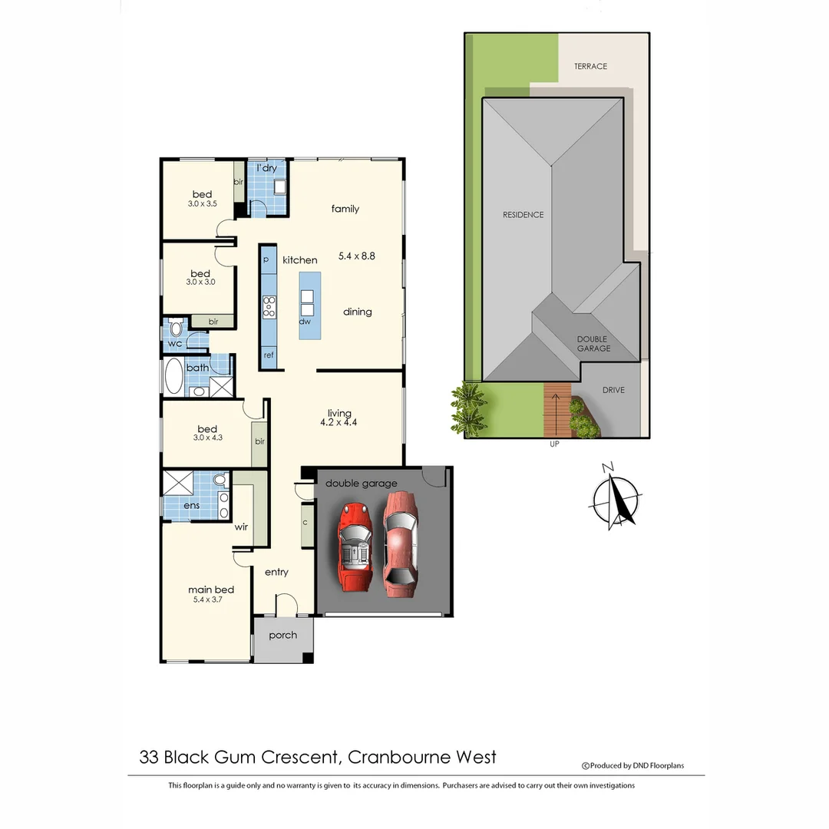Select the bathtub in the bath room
(x=174, y=377)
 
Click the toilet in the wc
(x=176, y=329)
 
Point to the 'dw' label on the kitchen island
(x=305, y=322)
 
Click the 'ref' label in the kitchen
(x=269, y=355)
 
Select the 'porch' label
(x=282, y=636)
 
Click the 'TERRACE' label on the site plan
(x=590, y=67)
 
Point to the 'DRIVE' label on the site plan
(x=613, y=390)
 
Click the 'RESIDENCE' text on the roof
(x=523, y=215)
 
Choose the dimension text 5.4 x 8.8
(x=357, y=256)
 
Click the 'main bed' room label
(x=211, y=590)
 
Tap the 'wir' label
(x=240, y=527)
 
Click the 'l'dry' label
(x=266, y=167)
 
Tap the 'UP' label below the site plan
(x=554, y=444)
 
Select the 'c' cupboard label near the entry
(x=305, y=523)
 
